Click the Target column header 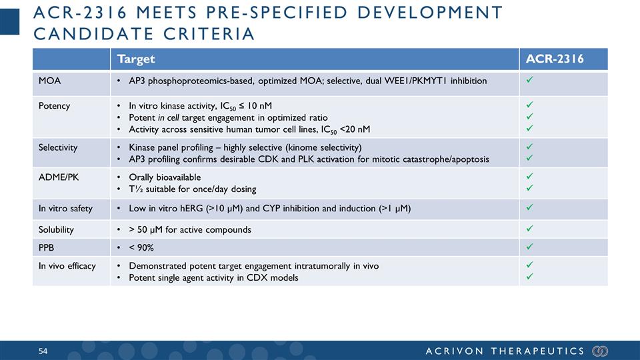(136, 59)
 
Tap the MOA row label (49, 81)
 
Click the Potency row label (53, 106)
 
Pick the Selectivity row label (57, 147)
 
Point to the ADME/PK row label (58, 178)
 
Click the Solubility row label (56, 229)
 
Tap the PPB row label (47, 247)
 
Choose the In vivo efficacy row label (67, 265)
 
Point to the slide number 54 (43, 351)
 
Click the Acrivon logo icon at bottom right (600, 351)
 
